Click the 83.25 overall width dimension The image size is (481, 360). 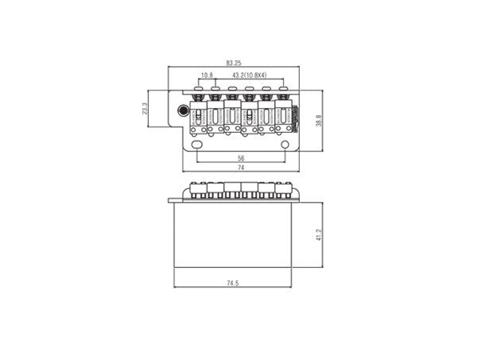[x=234, y=63]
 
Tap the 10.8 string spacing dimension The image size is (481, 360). [x=207, y=75]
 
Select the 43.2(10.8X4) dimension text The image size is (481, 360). [x=250, y=75]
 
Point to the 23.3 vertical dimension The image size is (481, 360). [x=145, y=109]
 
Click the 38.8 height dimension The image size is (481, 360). [x=319, y=121]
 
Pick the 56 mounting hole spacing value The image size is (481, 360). [x=241, y=158]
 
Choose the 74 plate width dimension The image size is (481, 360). [x=241, y=168]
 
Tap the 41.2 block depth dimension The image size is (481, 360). [x=319, y=234]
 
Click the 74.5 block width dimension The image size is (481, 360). [x=232, y=283]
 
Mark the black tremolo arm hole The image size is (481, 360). [x=184, y=110]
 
